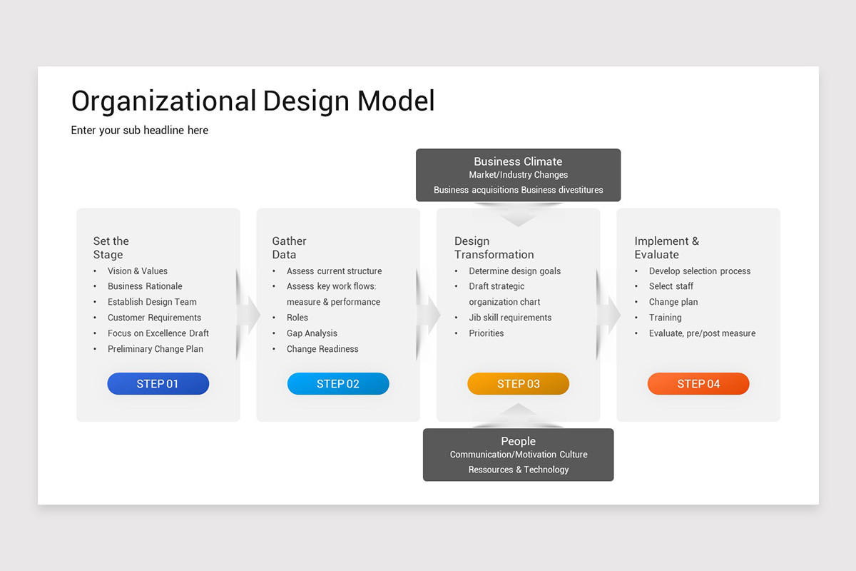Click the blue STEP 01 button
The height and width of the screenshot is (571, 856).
pyautogui.click(x=158, y=384)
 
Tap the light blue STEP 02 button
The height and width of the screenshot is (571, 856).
pyautogui.click(x=338, y=384)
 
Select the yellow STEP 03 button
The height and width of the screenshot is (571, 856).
pyautogui.click(x=518, y=384)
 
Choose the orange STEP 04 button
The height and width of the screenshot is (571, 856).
pyautogui.click(x=698, y=384)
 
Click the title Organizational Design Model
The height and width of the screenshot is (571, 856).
pyautogui.click(x=253, y=101)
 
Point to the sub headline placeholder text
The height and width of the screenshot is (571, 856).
pyautogui.click(x=140, y=130)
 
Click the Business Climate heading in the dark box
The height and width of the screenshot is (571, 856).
pyautogui.click(x=518, y=161)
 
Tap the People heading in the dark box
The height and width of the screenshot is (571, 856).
pyautogui.click(x=518, y=441)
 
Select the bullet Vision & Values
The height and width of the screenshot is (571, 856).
pyautogui.click(x=138, y=271)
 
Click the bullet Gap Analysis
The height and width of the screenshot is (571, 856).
pyautogui.click(x=312, y=333)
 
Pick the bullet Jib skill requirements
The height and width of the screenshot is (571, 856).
pyautogui.click(x=510, y=318)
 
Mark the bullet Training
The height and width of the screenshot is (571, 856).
pyautogui.click(x=665, y=318)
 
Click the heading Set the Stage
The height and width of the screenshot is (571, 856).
pyautogui.click(x=111, y=248)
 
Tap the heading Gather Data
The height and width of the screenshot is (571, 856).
pyautogui.click(x=289, y=248)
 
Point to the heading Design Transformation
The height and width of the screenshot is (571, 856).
pyautogui.click(x=494, y=248)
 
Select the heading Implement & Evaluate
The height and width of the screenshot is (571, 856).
pyautogui.click(x=666, y=248)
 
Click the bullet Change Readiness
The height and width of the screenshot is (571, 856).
pyautogui.click(x=322, y=349)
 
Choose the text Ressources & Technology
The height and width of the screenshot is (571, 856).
pyautogui.click(x=519, y=470)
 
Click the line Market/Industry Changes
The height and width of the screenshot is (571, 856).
pyautogui.click(x=519, y=175)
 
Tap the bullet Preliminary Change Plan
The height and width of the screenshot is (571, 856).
pyautogui.click(x=156, y=349)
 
